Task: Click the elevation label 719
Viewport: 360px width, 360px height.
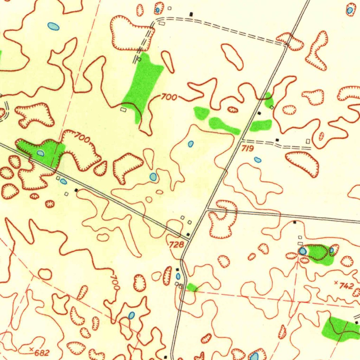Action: coord(247,149)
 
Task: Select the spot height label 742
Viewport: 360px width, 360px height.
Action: coord(346,286)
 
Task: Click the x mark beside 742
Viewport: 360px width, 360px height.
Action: coord(336,282)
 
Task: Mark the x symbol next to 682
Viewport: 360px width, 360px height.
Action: coord(32,349)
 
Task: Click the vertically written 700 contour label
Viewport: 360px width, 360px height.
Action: coord(115,282)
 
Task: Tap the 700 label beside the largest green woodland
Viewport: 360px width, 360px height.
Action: coord(169,97)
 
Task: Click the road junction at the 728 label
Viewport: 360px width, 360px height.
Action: coord(190,239)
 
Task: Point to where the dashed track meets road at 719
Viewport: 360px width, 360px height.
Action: coord(242,141)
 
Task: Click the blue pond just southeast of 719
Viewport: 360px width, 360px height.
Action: coord(258,160)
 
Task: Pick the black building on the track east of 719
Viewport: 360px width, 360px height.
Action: coord(277,140)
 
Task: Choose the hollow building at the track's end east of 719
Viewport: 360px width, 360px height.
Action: coord(308,141)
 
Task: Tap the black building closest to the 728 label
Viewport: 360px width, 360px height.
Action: coord(188,234)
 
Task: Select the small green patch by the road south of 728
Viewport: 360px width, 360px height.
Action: coord(192,288)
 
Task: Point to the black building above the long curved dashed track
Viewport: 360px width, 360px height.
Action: coord(191,14)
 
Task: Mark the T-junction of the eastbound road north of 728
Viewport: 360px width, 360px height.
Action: coord(207,209)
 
